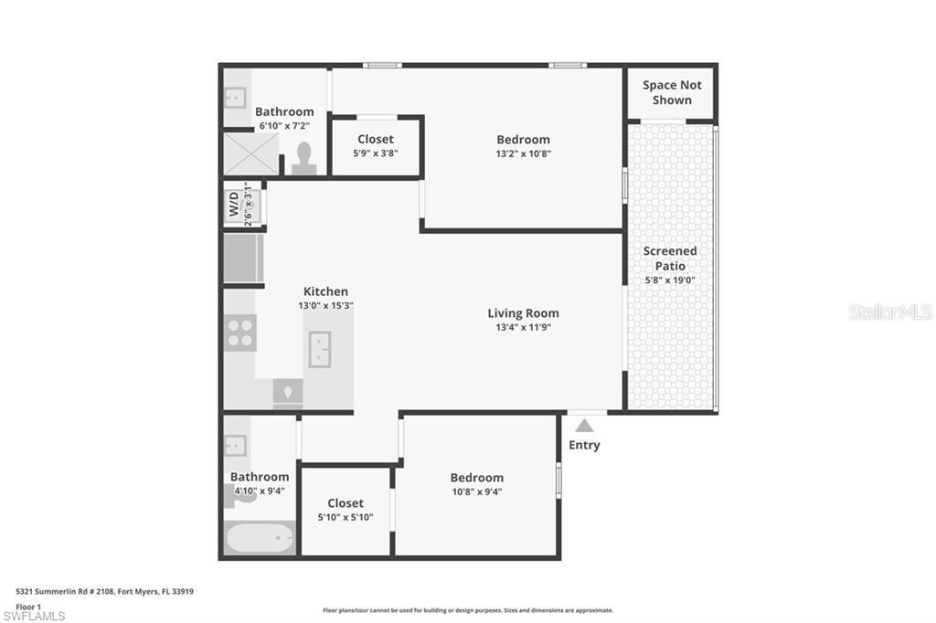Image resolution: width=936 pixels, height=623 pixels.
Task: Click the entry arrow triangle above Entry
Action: tap(584, 425)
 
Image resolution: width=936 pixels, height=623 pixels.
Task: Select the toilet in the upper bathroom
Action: tap(303, 159)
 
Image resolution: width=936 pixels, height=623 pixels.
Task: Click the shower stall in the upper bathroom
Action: tap(251, 153)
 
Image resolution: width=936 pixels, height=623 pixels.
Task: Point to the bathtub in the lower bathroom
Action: tap(260, 537)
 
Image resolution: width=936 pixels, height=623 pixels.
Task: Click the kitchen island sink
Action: tap(320, 349)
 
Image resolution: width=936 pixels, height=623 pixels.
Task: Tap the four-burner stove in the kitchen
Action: tap(240, 331)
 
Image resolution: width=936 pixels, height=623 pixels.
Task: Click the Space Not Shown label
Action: tap(672, 92)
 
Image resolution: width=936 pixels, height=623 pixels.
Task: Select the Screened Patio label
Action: tap(670, 259)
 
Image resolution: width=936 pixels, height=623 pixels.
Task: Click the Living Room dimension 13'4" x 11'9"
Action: tap(523, 327)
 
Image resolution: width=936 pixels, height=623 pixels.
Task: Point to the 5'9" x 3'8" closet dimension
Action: tap(375, 153)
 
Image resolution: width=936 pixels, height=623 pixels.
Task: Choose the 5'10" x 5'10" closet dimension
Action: tap(345, 517)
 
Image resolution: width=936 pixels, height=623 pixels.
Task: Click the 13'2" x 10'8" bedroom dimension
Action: tap(523, 153)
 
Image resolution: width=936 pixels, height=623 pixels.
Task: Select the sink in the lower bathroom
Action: tap(235, 445)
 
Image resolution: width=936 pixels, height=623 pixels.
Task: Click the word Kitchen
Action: tap(325, 291)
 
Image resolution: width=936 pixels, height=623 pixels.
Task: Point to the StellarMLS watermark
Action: tap(890, 312)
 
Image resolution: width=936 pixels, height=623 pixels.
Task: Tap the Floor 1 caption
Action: tap(28, 605)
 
